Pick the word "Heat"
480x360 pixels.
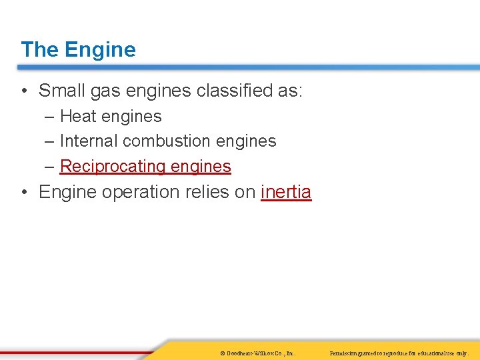coord(77,117)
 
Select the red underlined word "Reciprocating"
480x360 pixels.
coord(113,167)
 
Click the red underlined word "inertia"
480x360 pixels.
coord(286,192)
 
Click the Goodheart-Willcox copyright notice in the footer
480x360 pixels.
coord(257,353)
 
